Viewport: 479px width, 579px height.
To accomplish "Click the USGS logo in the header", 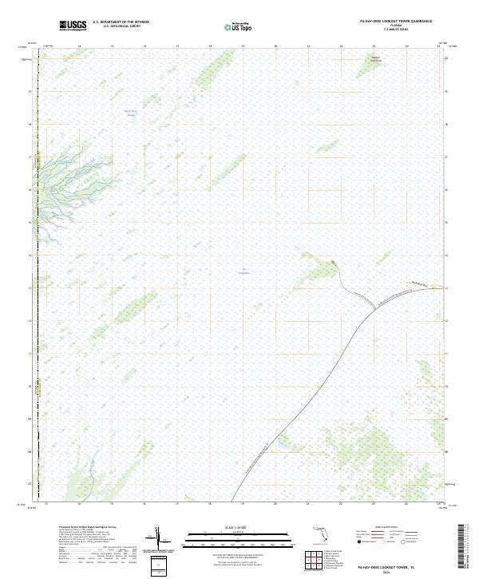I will tap(73, 26).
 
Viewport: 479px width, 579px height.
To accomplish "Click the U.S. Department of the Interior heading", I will tap(121, 23).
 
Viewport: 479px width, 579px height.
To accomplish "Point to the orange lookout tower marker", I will tap(333, 261).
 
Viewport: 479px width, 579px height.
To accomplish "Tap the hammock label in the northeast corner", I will tap(375, 58).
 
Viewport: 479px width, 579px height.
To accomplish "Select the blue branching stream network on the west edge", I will tap(56, 180).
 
